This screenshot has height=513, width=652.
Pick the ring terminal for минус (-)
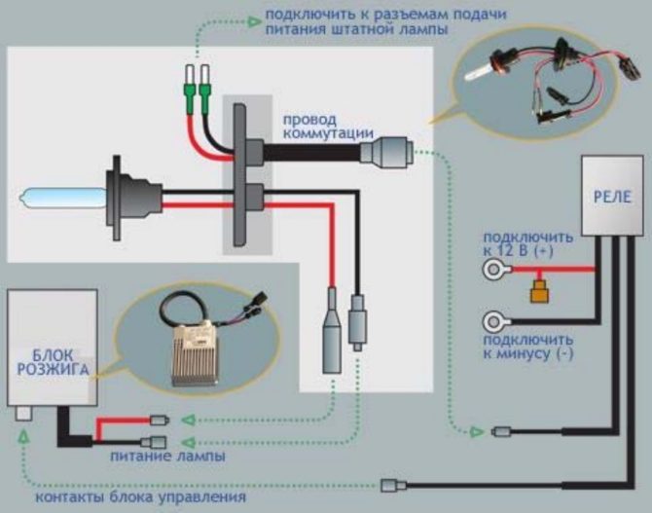click(496, 320)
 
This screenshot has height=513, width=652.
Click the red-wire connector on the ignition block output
click(160, 421)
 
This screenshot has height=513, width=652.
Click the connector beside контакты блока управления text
click(390, 485)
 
